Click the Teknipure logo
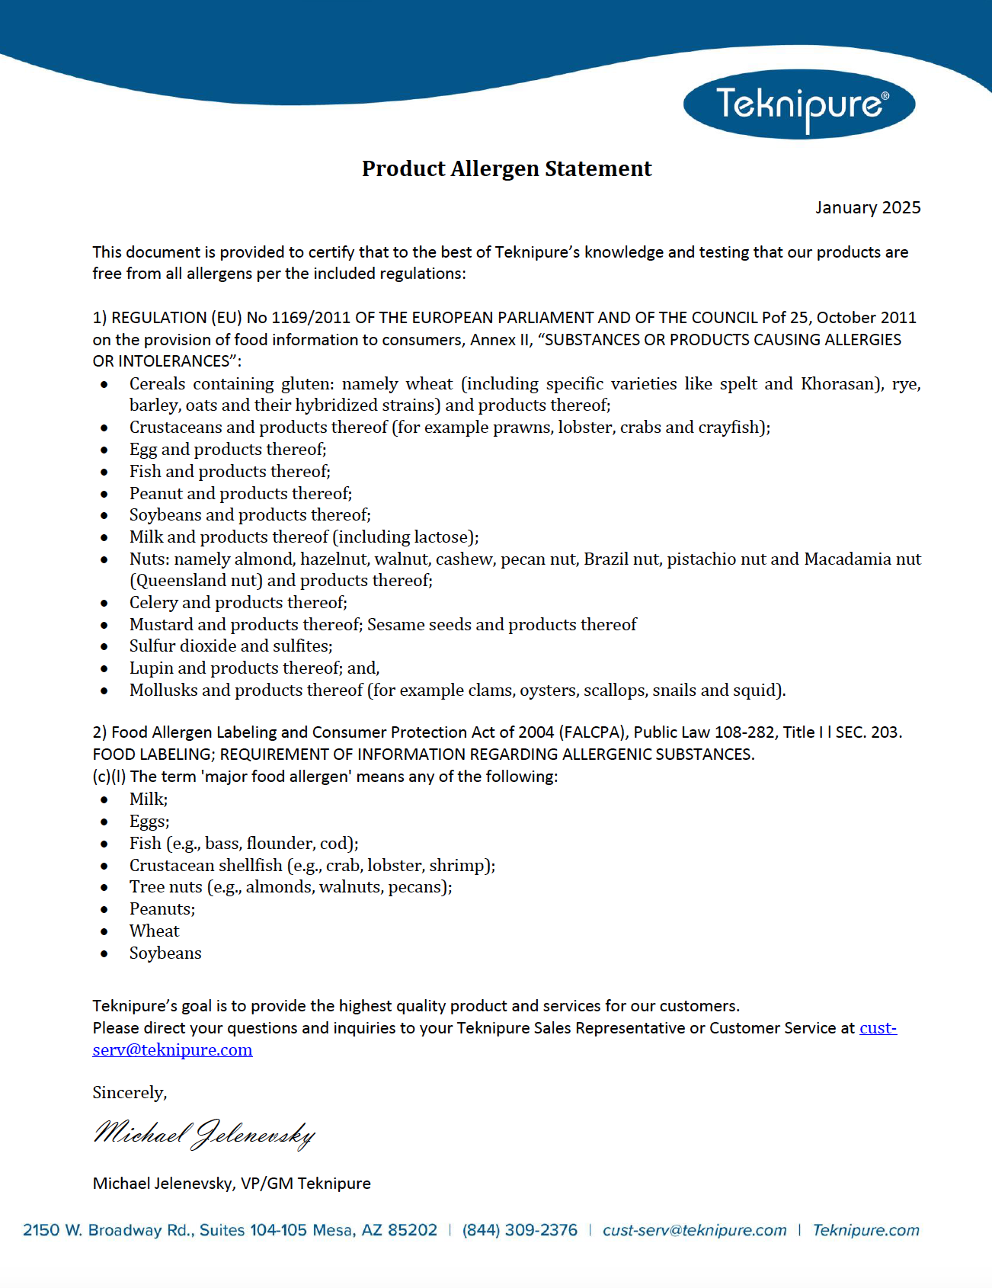click(799, 104)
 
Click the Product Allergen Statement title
click(507, 168)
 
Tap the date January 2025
click(868, 207)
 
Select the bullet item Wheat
click(154, 931)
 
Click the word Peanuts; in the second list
click(162, 908)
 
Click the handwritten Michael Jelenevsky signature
click(204, 1134)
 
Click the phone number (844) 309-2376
click(520, 1230)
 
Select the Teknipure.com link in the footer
click(866, 1230)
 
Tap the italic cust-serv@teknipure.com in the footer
click(694, 1230)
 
